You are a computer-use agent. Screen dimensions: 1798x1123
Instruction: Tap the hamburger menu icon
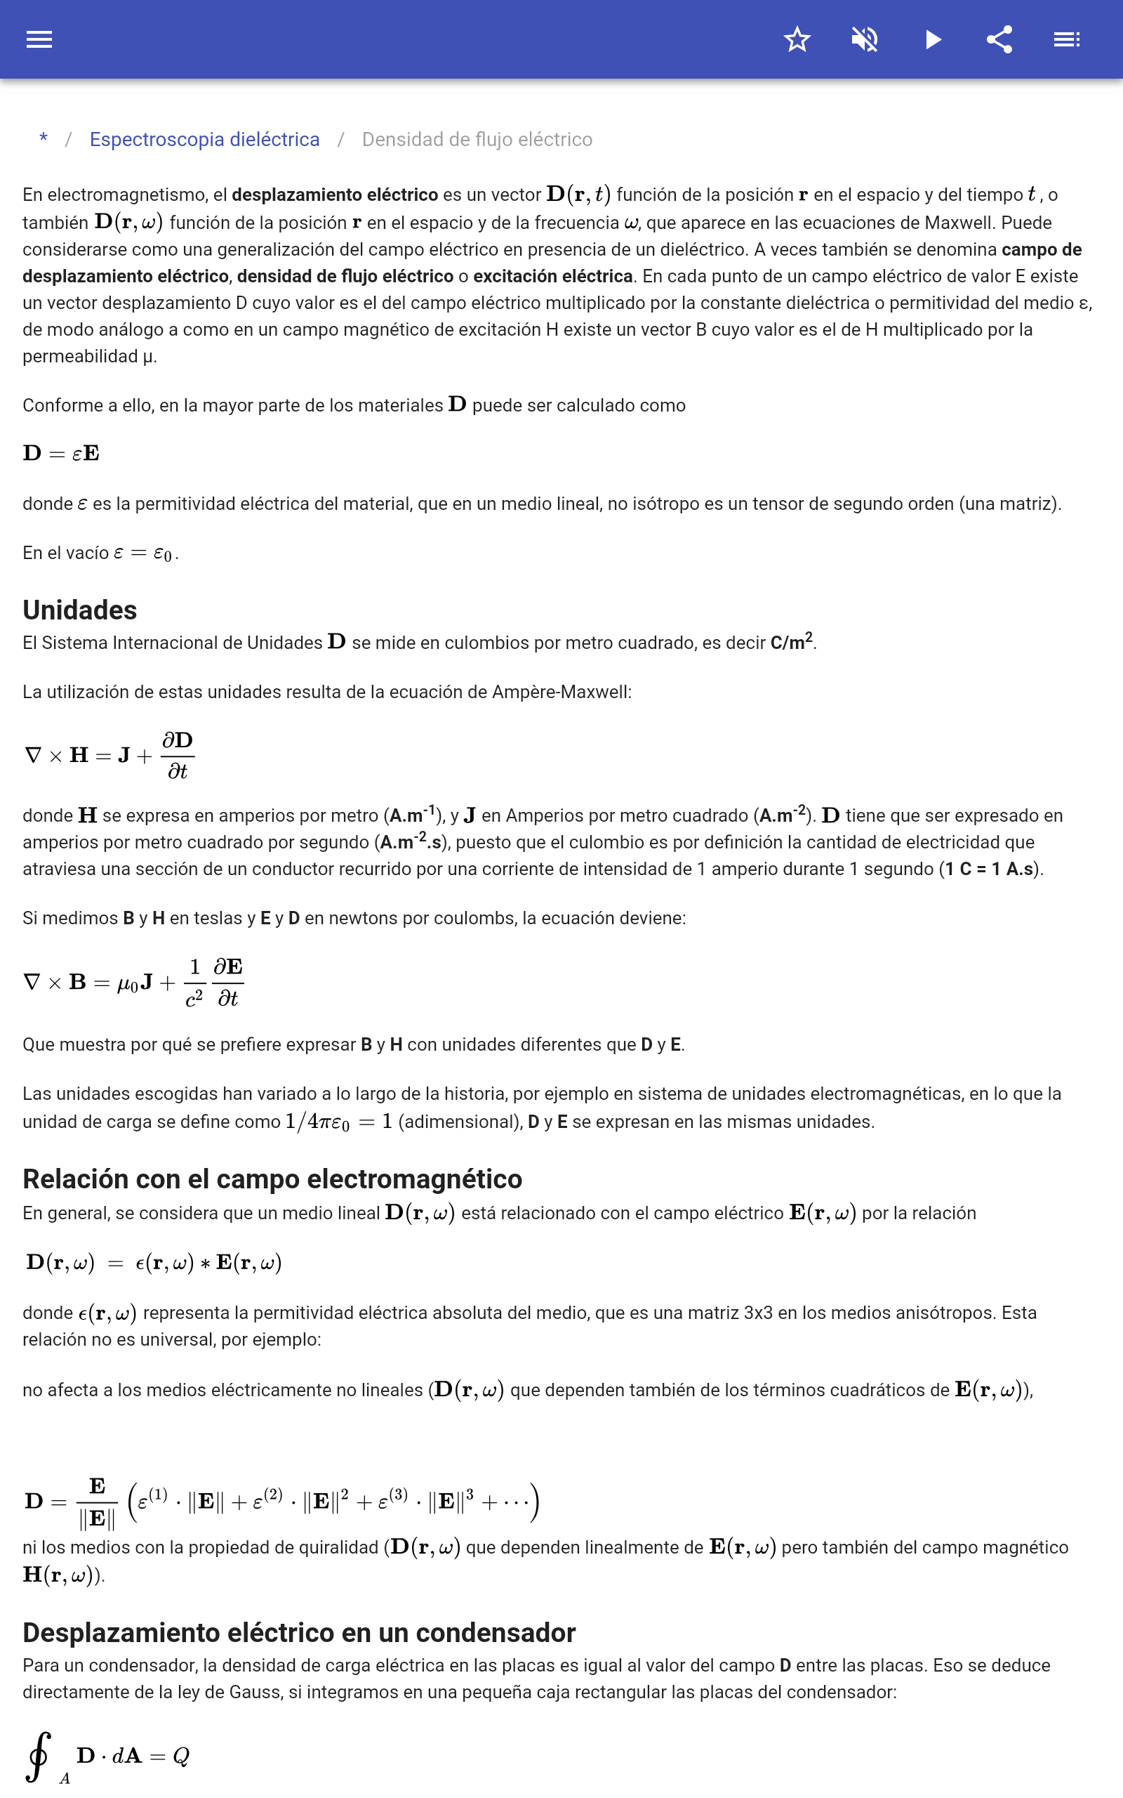click(39, 39)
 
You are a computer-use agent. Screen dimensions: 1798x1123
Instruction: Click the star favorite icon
click(797, 39)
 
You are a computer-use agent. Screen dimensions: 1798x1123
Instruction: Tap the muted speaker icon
click(865, 39)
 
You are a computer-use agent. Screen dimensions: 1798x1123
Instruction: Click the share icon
click(999, 39)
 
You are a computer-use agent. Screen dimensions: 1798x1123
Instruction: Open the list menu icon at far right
click(1067, 39)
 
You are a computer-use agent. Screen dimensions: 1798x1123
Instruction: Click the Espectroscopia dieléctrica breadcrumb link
click(204, 140)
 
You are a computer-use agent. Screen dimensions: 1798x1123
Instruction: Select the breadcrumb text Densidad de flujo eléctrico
click(477, 140)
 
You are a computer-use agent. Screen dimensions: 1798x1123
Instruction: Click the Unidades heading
click(79, 610)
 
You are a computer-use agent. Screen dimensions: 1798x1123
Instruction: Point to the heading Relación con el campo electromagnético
click(272, 1179)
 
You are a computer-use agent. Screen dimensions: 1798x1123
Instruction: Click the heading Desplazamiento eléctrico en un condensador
click(298, 1632)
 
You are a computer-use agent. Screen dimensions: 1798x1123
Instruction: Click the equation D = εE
click(61, 453)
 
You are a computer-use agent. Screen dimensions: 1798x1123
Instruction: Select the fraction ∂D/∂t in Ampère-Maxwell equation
click(178, 756)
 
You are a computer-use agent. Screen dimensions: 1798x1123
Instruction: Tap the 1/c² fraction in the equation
click(194, 982)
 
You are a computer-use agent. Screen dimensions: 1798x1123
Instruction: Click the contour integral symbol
click(39, 1757)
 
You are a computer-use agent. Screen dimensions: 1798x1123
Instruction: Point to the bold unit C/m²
click(791, 642)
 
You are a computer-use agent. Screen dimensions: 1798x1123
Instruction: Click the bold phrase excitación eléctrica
click(552, 277)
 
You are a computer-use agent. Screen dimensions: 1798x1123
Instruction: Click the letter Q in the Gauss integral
click(180, 1757)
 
